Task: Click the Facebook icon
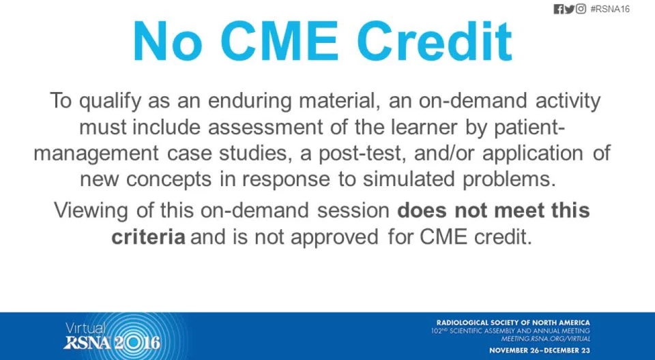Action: [x=559, y=9]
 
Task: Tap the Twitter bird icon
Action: [x=570, y=9]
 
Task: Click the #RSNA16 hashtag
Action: [x=610, y=9]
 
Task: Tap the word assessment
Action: [x=265, y=127]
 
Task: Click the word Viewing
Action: [x=91, y=211]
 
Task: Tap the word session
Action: [x=353, y=210]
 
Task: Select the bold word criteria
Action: [x=148, y=237]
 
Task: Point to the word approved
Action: [x=335, y=238]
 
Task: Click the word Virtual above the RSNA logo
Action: [x=85, y=329]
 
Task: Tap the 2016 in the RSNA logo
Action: [x=137, y=343]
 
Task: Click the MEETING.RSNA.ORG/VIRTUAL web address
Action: [x=546, y=339]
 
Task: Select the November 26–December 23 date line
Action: [x=540, y=350]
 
